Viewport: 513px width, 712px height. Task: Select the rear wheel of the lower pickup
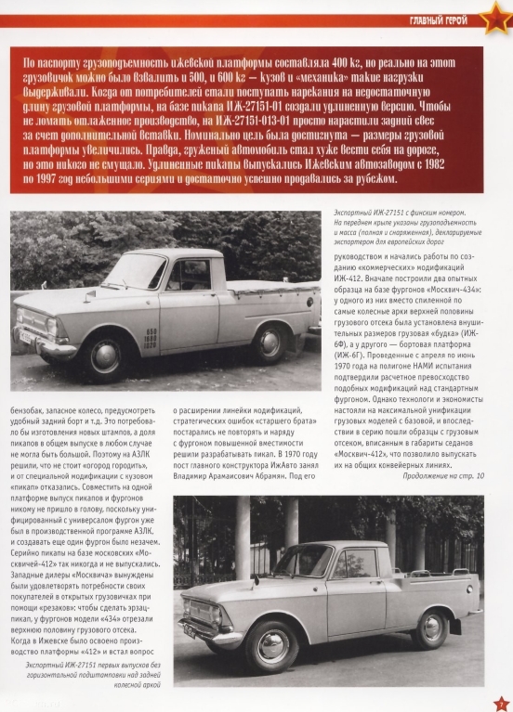coord(430,627)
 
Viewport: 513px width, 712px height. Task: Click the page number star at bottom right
coord(500,703)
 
